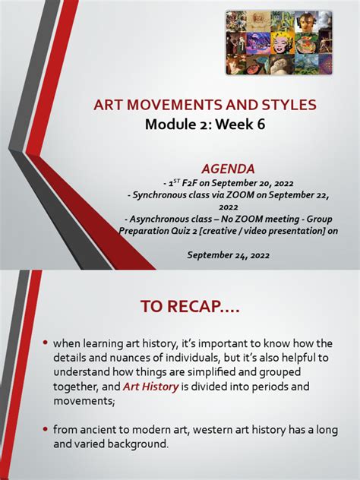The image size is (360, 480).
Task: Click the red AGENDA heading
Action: point(228,167)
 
